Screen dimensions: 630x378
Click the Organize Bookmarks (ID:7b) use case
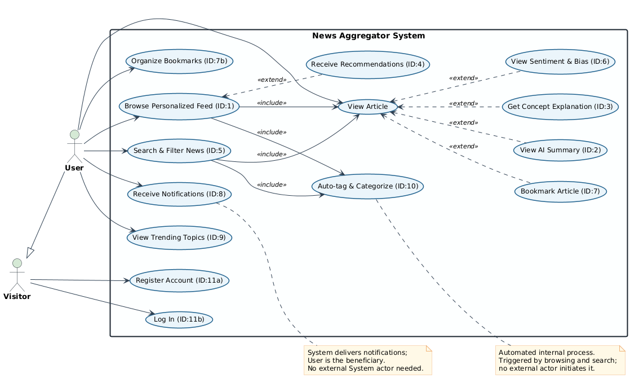coord(179,61)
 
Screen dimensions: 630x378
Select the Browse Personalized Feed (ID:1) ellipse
coord(179,106)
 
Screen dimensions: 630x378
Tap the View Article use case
coord(367,107)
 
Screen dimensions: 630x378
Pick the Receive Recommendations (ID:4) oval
coord(367,64)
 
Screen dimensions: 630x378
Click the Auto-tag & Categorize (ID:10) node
coord(367,186)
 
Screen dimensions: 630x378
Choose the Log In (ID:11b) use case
coord(179,319)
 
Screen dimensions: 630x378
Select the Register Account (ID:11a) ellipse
coord(179,280)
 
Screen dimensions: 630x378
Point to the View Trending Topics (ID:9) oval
coord(179,238)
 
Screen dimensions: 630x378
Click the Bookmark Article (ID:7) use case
coord(560,191)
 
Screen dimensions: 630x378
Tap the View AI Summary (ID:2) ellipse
coord(560,150)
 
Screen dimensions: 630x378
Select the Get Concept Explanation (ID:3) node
coord(560,107)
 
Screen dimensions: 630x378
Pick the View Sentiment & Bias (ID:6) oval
coord(560,61)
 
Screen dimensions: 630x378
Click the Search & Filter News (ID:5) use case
coord(179,151)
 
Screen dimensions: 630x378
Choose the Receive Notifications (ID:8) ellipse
coord(179,194)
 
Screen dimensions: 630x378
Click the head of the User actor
coord(74,135)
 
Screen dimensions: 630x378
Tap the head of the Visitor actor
coord(17,263)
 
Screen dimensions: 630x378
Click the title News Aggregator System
coord(369,36)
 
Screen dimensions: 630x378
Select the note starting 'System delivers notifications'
coord(367,361)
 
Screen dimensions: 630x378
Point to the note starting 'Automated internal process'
coord(560,361)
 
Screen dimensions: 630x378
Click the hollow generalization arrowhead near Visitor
coord(30,253)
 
